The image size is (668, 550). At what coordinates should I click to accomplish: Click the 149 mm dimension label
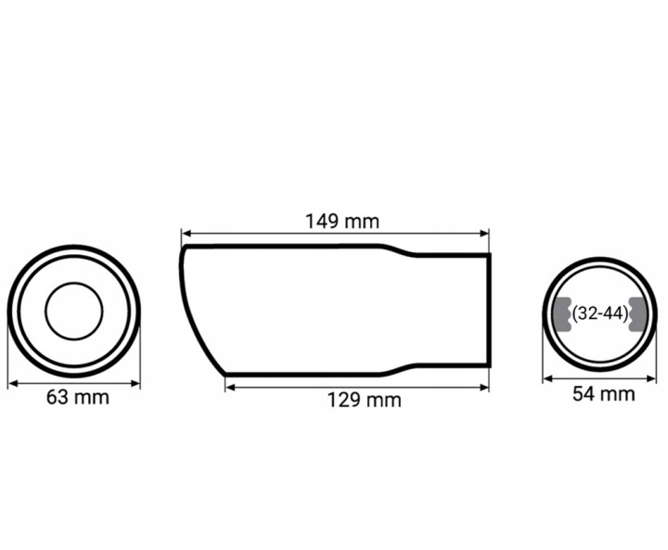pyautogui.click(x=342, y=222)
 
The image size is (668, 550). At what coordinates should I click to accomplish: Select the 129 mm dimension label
pyautogui.click(x=365, y=400)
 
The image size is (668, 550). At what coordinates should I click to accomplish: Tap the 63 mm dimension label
pyautogui.click(x=78, y=397)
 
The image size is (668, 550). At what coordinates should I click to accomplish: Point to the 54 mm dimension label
pyautogui.click(x=603, y=393)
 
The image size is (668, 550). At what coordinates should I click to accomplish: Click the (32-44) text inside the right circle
pyautogui.click(x=600, y=314)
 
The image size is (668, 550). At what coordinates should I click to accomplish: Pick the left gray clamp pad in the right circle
pyautogui.click(x=562, y=314)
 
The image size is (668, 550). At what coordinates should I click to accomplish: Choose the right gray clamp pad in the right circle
pyautogui.click(x=637, y=314)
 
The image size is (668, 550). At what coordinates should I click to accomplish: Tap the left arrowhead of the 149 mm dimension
pyautogui.click(x=186, y=234)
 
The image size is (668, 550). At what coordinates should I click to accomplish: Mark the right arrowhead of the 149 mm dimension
pyautogui.click(x=484, y=234)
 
